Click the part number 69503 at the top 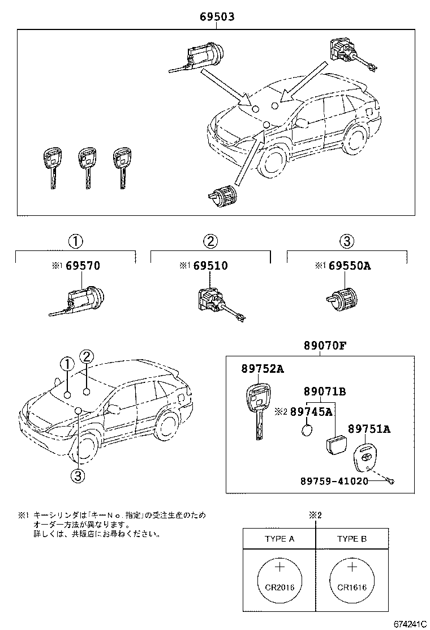[217, 17]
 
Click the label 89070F [322, 345]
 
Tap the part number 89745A [311, 412]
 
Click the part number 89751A [368, 429]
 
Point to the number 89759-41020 [334, 481]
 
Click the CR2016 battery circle [280, 578]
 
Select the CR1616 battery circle [352, 578]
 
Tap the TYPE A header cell [279, 539]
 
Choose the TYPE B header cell [352, 539]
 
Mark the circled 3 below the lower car [78, 476]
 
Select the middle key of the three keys [87, 166]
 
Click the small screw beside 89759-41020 [390, 482]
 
